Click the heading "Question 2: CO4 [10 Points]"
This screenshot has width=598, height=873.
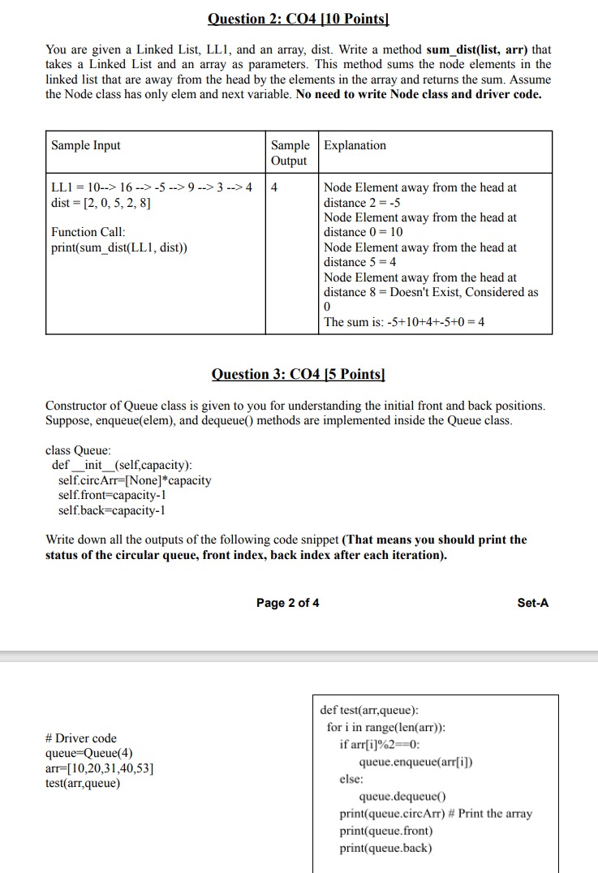tap(298, 19)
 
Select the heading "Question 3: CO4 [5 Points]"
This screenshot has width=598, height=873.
tap(298, 374)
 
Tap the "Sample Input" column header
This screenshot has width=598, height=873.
tap(85, 145)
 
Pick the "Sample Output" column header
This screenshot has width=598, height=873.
tap(290, 153)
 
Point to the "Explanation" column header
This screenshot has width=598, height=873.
tap(355, 145)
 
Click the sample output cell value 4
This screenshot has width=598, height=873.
tap(275, 187)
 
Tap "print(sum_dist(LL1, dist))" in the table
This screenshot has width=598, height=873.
tap(118, 247)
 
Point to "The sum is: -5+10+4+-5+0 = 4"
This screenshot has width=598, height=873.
tap(404, 322)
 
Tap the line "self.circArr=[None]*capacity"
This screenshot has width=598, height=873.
tap(135, 480)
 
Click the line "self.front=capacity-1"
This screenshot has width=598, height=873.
tap(112, 495)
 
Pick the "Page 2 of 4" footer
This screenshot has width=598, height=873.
tap(287, 603)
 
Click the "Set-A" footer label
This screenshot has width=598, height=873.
tap(532, 603)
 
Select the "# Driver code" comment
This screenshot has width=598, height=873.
tap(81, 738)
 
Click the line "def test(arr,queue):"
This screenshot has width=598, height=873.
tap(369, 710)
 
